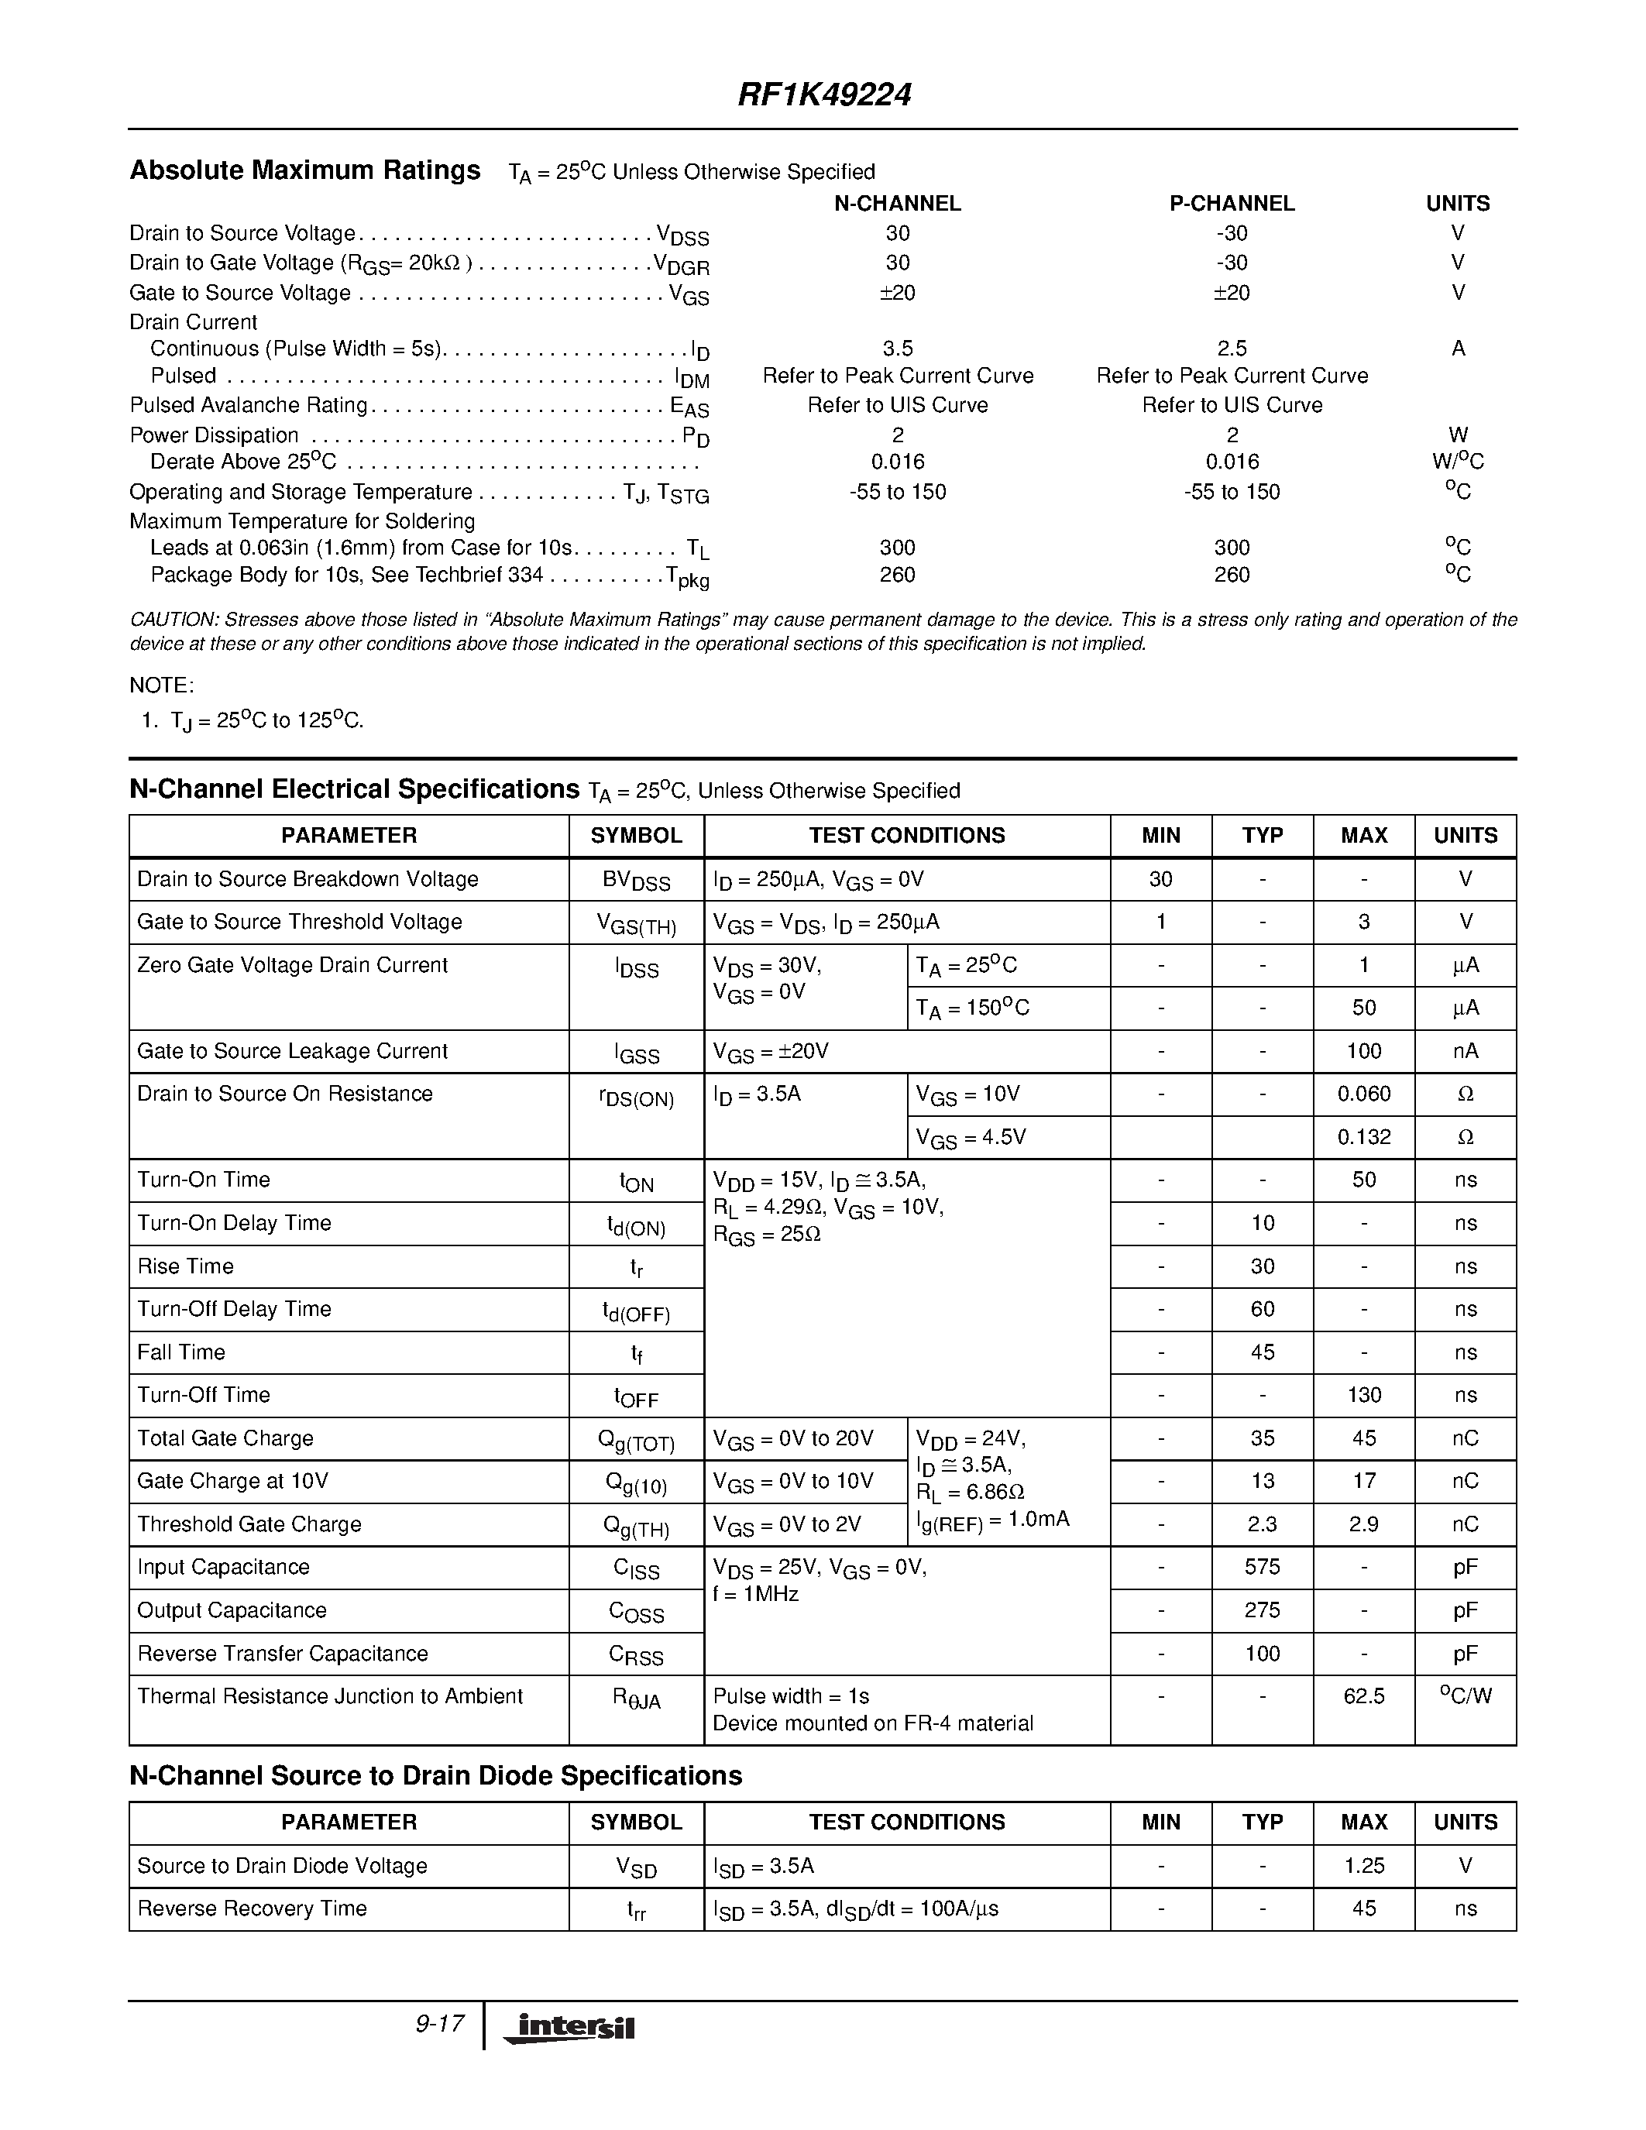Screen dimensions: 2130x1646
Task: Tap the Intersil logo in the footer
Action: click(x=569, y=2027)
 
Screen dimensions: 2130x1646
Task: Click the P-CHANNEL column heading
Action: click(x=1232, y=203)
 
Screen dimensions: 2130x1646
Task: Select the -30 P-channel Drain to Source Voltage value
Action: click(x=1232, y=233)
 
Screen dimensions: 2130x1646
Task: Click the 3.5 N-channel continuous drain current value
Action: click(x=897, y=349)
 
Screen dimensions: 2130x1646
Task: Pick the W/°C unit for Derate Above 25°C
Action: click(x=1457, y=462)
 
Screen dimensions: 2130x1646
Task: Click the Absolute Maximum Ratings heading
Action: click(x=305, y=170)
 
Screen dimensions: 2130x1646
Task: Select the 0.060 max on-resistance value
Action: click(x=1363, y=1094)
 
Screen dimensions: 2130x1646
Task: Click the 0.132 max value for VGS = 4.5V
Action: click(x=1363, y=1137)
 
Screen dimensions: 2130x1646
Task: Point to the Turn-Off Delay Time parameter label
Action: click(x=234, y=1309)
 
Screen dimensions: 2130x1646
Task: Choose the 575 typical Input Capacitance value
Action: click(x=1262, y=1567)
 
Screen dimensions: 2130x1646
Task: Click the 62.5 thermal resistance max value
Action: click(x=1363, y=1696)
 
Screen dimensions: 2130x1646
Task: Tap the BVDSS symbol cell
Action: click(x=636, y=880)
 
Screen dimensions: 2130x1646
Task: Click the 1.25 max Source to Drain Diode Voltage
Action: click(x=1363, y=1866)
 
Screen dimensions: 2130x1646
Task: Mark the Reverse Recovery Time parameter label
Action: click(x=252, y=1908)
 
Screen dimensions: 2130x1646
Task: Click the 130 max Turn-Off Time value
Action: click(x=1363, y=1395)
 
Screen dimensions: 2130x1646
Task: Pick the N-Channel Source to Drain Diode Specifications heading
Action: click(x=436, y=1776)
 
